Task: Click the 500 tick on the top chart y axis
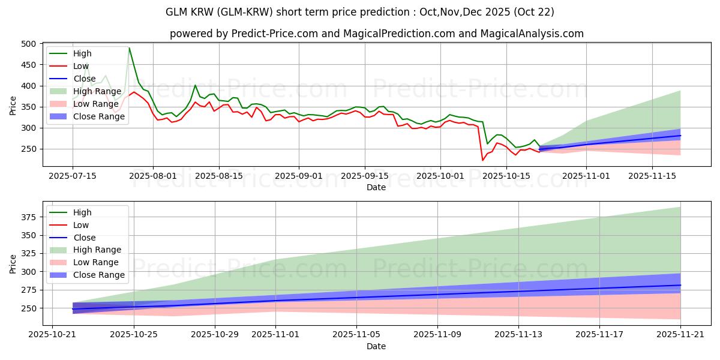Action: click(29, 44)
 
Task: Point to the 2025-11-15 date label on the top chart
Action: click(653, 176)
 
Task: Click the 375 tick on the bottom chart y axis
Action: click(29, 217)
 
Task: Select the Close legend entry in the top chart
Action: click(85, 79)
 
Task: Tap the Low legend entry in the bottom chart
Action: click(81, 225)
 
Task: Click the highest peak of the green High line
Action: click(129, 48)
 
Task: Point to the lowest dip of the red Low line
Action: click(482, 160)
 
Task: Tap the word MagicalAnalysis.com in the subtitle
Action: click(532, 34)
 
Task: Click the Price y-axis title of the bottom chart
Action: click(13, 263)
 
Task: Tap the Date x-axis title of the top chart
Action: click(376, 187)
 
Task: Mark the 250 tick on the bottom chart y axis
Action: click(29, 308)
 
